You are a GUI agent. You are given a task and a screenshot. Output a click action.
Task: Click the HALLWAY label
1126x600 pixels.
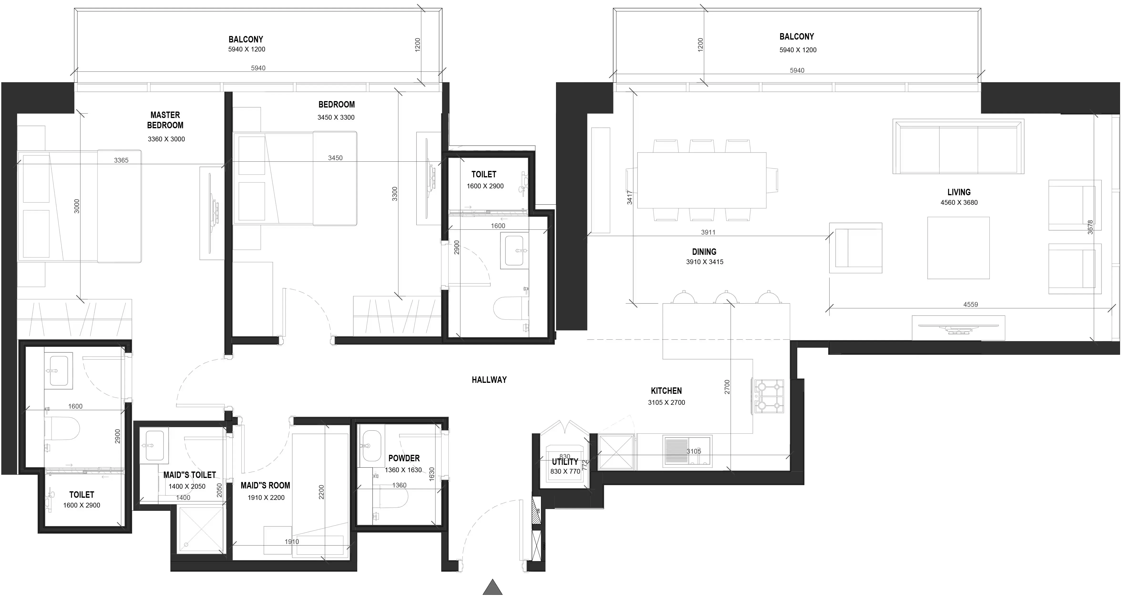[x=489, y=380]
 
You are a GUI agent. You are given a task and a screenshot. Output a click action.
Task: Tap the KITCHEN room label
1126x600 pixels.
[x=666, y=391]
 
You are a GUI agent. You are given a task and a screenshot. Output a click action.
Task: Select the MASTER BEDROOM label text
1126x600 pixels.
[x=165, y=120]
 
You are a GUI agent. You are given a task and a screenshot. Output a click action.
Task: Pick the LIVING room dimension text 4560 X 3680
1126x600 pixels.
[x=959, y=202]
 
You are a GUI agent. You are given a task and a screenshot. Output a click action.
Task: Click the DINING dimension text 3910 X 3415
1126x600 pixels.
[x=705, y=262]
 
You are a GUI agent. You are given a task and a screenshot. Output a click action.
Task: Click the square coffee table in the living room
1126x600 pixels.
[x=958, y=248]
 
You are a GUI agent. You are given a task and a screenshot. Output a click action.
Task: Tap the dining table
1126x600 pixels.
[x=702, y=180]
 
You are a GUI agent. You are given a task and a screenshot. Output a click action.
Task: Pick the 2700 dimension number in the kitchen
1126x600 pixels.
[x=727, y=387]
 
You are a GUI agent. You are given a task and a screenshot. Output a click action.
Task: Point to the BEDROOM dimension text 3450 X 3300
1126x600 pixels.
[x=336, y=117]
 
